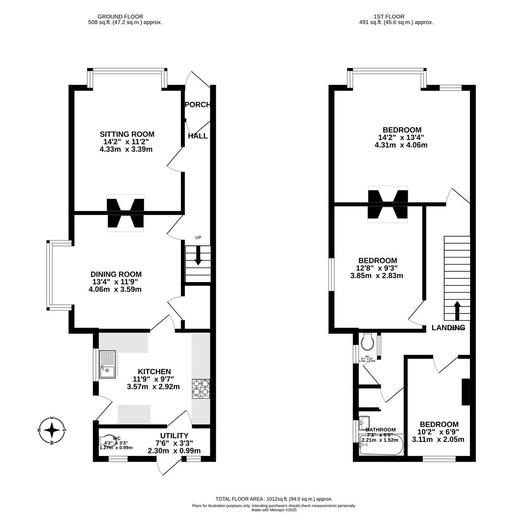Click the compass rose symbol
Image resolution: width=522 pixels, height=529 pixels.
tap(52, 430)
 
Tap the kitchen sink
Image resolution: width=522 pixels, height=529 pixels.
tap(107, 364)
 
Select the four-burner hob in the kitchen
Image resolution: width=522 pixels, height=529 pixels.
tap(200, 388)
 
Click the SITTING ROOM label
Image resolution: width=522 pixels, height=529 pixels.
tap(127, 134)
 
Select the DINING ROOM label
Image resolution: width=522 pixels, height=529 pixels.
tap(116, 274)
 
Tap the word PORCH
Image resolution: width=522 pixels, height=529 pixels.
tap(198, 105)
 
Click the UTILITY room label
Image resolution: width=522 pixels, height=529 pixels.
tap(174, 435)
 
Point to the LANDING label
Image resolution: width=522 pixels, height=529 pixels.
tap(448, 328)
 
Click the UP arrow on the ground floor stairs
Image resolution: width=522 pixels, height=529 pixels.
tap(198, 255)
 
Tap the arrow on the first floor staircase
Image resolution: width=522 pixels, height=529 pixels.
tap(457, 311)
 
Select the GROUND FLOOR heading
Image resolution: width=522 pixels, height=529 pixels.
tap(120, 17)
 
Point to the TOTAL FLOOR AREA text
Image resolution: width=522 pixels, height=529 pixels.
tap(274, 499)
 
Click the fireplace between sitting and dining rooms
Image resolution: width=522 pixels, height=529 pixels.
tap(125, 213)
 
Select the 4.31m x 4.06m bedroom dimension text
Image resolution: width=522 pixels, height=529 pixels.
tap(400, 145)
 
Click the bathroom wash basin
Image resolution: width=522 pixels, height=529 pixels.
tap(364, 422)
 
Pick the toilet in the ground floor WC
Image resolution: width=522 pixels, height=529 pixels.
tap(106, 440)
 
